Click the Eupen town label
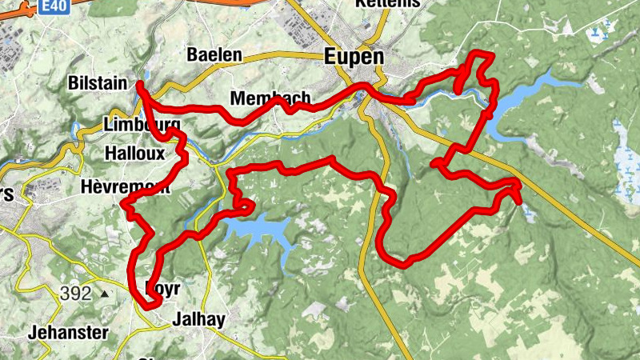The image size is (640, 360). (354, 57)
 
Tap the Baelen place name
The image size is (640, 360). (214, 55)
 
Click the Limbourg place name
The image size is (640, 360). (141, 125)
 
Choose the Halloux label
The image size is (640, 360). (134, 152)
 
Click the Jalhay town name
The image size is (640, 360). (198, 319)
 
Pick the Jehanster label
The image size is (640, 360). (67, 331)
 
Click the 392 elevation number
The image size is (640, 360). (75, 294)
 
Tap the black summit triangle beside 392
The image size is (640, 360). (105, 294)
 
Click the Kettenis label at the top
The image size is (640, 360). (389, 4)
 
